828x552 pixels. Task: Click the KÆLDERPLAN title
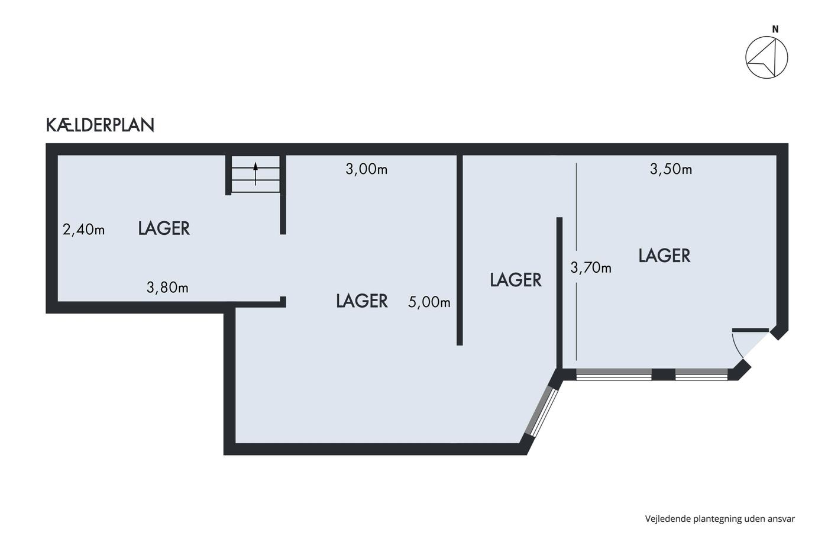pyautogui.click(x=100, y=125)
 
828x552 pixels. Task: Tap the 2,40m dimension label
pyautogui.click(x=83, y=230)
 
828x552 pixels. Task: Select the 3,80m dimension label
pyautogui.click(x=167, y=288)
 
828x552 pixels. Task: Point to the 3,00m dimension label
pyautogui.click(x=366, y=169)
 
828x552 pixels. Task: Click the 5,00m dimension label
pyautogui.click(x=429, y=302)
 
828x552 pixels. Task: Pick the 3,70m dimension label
pyautogui.click(x=591, y=267)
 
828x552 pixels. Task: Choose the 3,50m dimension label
pyautogui.click(x=671, y=169)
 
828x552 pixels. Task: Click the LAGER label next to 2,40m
pyautogui.click(x=164, y=228)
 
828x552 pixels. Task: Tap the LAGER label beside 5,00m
pyautogui.click(x=362, y=301)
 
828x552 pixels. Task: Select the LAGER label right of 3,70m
pyautogui.click(x=664, y=256)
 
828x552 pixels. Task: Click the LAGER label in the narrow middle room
pyautogui.click(x=516, y=280)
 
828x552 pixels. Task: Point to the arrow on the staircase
pyautogui.click(x=255, y=174)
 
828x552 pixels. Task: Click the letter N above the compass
pyautogui.click(x=775, y=29)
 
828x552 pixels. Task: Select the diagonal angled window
pyautogui.click(x=541, y=412)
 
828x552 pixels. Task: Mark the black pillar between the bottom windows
pyautogui.click(x=663, y=375)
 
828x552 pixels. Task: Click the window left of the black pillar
pyautogui.click(x=614, y=375)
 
